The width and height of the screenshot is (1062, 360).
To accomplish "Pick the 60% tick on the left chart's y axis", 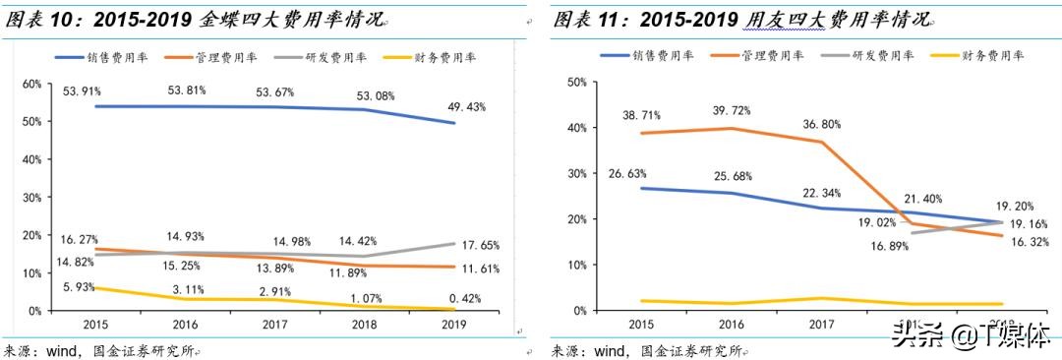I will pyautogui.click(x=30, y=85).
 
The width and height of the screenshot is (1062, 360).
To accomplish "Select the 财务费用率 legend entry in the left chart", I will pyautogui.click(x=442, y=58).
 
